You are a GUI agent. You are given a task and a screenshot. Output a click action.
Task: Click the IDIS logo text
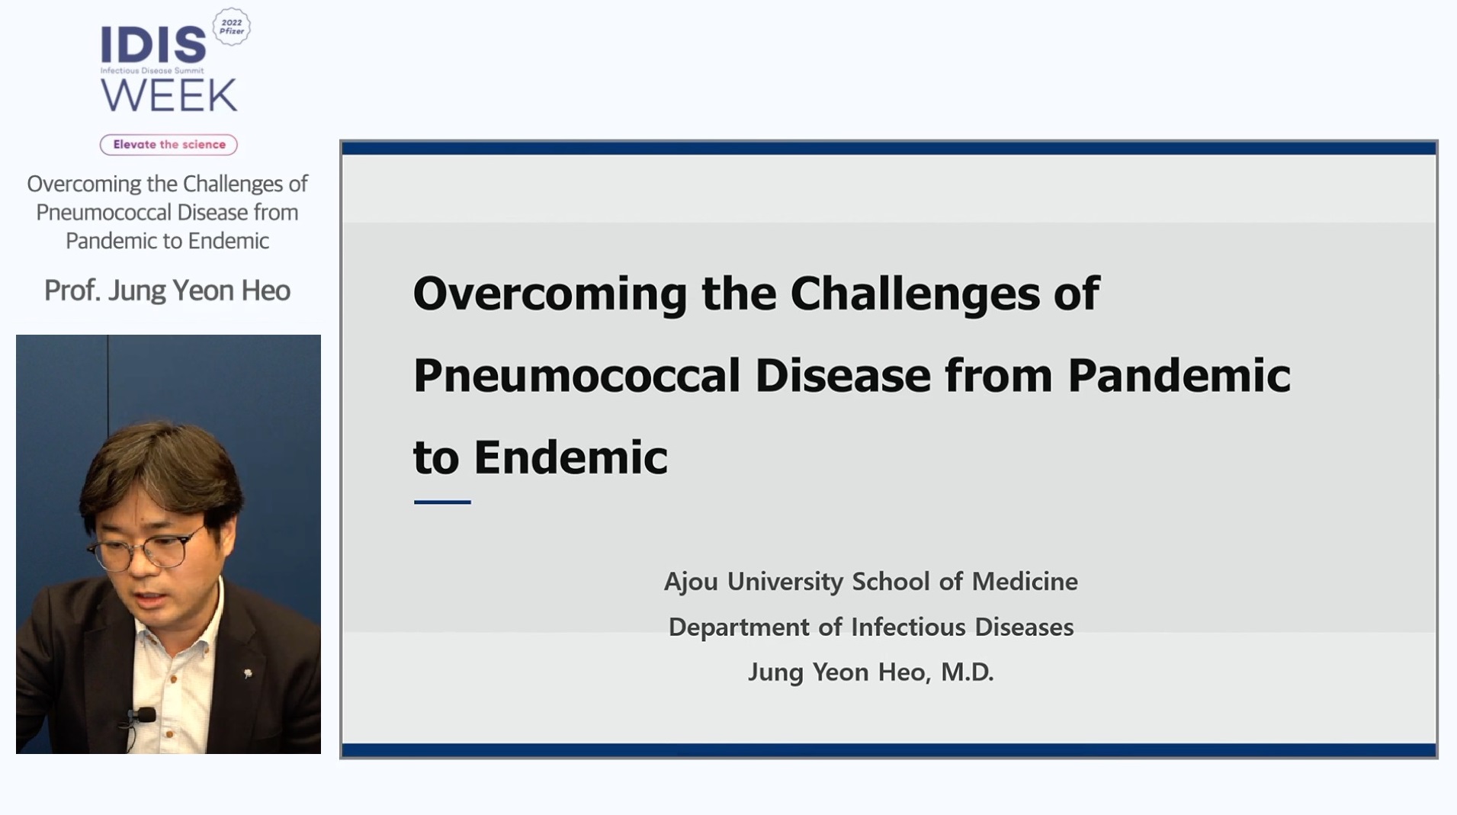tap(153, 45)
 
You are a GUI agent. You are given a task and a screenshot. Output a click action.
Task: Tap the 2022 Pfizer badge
tap(231, 27)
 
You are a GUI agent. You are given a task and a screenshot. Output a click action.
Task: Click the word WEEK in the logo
tap(169, 95)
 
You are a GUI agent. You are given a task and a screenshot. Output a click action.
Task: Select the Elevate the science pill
tap(168, 144)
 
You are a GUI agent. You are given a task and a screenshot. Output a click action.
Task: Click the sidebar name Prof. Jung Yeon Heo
tap(167, 290)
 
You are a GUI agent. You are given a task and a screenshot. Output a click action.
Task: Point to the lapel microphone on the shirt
tap(141, 715)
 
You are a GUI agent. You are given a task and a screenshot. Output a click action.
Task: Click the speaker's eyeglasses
tap(145, 551)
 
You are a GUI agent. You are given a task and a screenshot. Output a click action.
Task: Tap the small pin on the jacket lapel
tap(248, 673)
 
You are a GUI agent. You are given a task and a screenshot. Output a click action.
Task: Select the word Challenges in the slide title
tap(915, 294)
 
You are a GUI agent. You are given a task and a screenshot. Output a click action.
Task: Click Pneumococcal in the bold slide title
tap(577, 376)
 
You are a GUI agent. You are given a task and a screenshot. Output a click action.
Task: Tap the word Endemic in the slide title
tap(570, 457)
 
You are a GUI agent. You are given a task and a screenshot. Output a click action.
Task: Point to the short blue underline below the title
tap(442, 502)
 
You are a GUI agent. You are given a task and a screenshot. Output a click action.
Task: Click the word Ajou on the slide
tap(690, 582)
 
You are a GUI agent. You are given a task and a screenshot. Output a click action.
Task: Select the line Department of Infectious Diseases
tap(871, 627)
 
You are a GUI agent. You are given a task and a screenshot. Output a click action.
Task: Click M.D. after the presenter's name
tap(967, 672)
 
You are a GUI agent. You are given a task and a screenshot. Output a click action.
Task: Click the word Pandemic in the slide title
tap(1179, 376)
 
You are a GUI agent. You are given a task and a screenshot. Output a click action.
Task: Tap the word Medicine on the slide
tap(1025, 582)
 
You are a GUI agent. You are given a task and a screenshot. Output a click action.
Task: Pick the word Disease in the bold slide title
tap(843, 376)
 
